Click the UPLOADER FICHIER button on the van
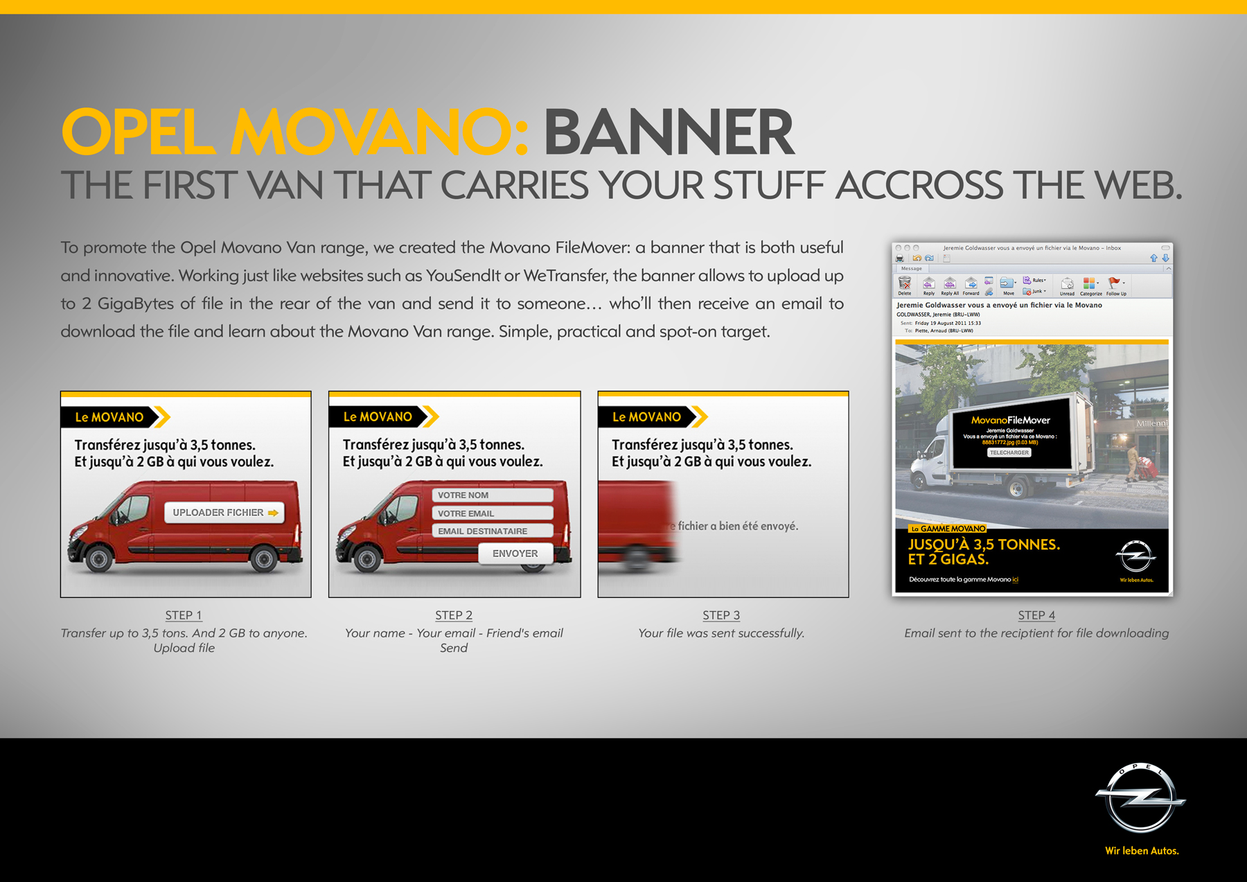click(x=224, y=513)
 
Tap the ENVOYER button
click(x=515, y=553)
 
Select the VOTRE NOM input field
click(x=492, y=495)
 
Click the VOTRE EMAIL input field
click(x=492, y=513)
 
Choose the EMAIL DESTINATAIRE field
click(x=492, y=531)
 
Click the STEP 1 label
click(x=184, y=615)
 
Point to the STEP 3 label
click(x=721, y=615)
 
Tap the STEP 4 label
click(x=1036, y=615)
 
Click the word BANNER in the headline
click(x=669, y=133)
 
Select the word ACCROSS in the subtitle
click(x=919, y=186)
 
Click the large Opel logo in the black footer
click(x=1140, y=799)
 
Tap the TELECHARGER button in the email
click(x=1009, y=452)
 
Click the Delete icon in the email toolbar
click(x=905, y=284)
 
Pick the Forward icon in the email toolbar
click(x=971, y=284)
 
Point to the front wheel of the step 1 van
click(x=99, y=559)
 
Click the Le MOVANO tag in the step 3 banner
click(x=646, y=417)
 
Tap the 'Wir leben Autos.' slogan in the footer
click(x=1142, y=851)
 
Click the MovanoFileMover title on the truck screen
click(x=1010, y=420)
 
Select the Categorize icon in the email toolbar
click(x=1090, y=283)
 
